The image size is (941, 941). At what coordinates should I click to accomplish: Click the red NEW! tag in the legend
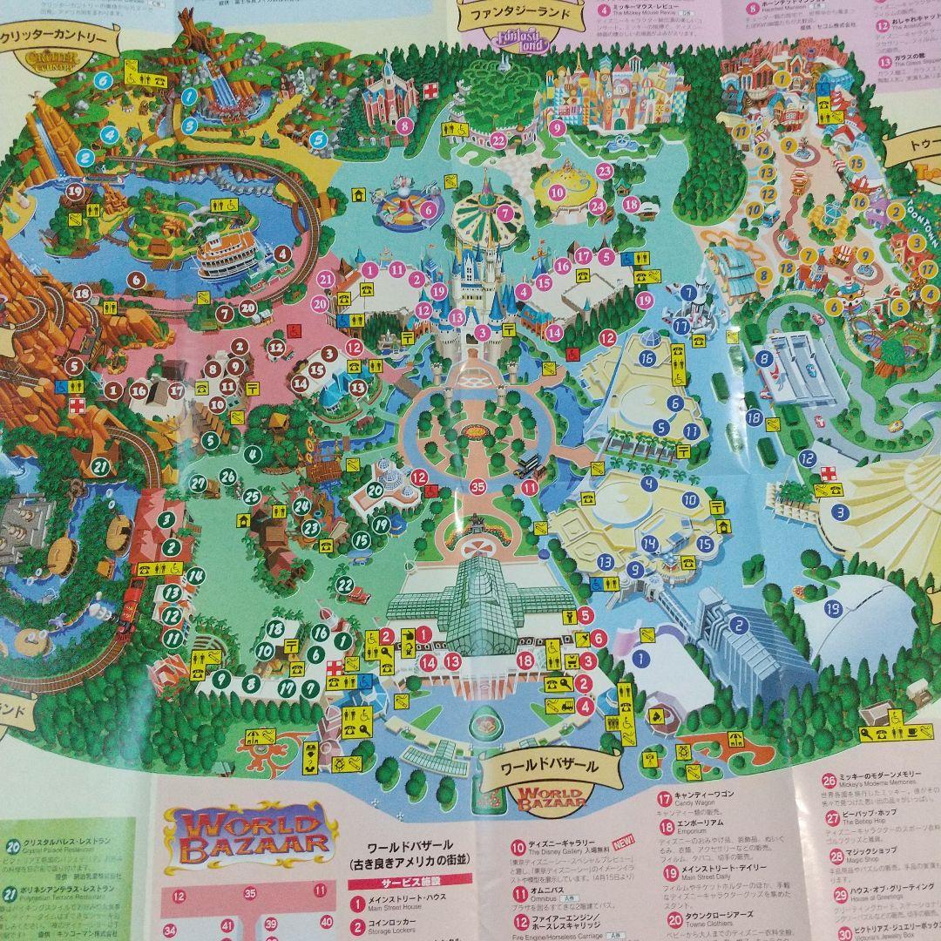625,843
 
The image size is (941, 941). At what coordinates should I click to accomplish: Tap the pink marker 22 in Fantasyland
498,139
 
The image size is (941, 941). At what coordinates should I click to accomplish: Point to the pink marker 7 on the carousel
504,210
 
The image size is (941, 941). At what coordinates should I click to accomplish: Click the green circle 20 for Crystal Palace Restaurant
12,844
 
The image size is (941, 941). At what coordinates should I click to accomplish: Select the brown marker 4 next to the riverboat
281,254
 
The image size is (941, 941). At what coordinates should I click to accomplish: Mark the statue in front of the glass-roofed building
477,525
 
